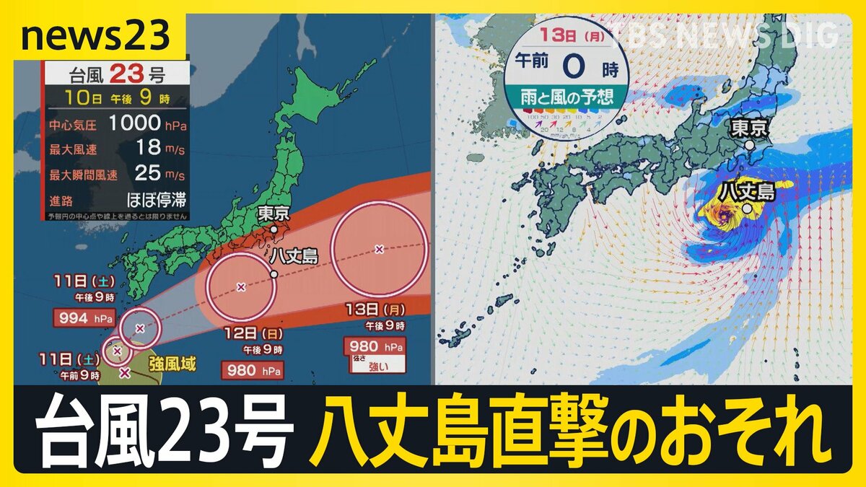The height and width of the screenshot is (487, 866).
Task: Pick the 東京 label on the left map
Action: [x=277, y=214]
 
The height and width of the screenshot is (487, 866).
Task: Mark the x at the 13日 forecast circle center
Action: [x=379, y=250]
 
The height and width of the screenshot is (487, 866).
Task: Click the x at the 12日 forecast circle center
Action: [x=241, y=286]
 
